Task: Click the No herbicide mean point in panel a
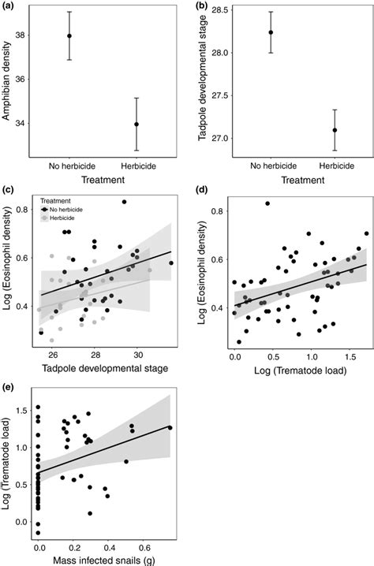pos(69,36)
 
